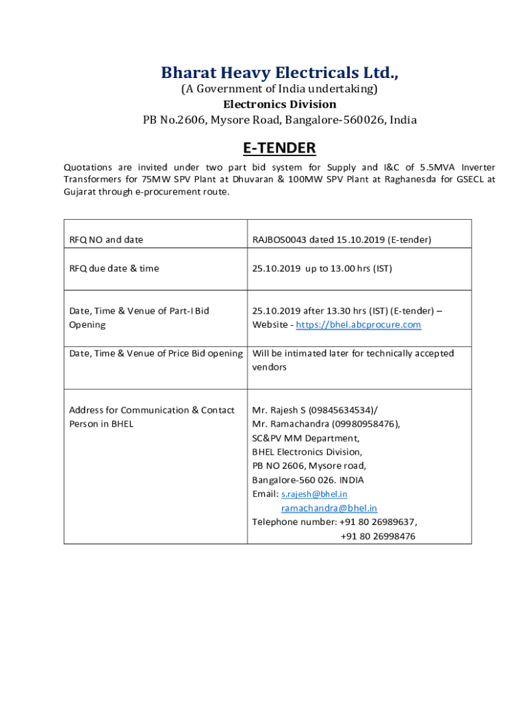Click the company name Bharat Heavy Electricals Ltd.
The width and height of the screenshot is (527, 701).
(x=279, y=73)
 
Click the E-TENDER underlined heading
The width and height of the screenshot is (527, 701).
(x=279, y=148)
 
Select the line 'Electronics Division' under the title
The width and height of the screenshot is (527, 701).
(x=279, y=104)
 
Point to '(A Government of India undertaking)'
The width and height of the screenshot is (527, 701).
(x=279, y=89)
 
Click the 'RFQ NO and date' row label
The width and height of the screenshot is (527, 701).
(x=106, y=240)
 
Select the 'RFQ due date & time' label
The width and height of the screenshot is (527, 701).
(x=114, y=268)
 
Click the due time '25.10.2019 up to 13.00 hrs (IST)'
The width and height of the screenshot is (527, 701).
(x=322, y=268)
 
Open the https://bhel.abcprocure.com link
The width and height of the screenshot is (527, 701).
(x=359, y=324)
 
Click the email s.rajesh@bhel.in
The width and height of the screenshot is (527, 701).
(x=314, y=494)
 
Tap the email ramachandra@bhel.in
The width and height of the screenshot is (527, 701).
(x=329, y=508)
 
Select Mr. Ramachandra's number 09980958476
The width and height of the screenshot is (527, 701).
(x=364, y=424)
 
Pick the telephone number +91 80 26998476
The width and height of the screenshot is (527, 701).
(x=378, y=536)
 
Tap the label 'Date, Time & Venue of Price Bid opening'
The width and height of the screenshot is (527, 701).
(x=156, y=353)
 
